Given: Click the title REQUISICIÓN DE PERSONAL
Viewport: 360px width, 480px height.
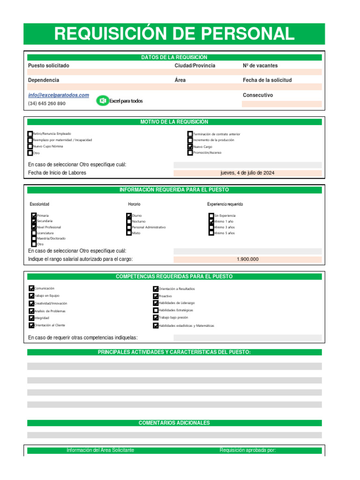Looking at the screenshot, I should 174,34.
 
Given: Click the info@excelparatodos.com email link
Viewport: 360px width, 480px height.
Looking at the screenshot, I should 58,95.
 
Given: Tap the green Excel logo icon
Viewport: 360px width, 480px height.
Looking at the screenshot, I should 102,101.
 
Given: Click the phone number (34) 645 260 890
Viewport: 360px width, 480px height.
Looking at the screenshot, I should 47,104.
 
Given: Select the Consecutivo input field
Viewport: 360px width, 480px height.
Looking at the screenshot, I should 282,104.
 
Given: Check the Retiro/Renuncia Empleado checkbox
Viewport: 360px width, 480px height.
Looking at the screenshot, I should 30,134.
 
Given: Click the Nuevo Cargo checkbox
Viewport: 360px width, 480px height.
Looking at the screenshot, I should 190,147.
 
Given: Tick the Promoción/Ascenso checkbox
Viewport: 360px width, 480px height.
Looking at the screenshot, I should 190,153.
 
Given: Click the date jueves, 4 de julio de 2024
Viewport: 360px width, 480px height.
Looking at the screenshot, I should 247,173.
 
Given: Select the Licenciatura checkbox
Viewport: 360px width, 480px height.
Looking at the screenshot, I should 34,233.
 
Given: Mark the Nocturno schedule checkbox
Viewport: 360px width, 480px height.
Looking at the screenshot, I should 129,221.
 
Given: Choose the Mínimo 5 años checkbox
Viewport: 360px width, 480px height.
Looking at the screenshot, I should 211,233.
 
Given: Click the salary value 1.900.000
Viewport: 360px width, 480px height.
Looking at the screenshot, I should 247,259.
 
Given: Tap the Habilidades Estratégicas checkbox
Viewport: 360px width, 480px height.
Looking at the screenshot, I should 156,310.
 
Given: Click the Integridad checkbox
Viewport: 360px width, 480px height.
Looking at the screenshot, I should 31,318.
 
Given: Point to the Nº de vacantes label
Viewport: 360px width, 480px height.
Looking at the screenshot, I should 260,66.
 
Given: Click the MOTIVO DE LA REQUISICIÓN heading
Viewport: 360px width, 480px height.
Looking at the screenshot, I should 174,122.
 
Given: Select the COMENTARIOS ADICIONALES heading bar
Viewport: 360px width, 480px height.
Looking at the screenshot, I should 174,423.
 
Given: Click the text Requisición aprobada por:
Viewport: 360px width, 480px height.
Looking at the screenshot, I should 247,450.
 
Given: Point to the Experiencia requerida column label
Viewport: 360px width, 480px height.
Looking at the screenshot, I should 225,204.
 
